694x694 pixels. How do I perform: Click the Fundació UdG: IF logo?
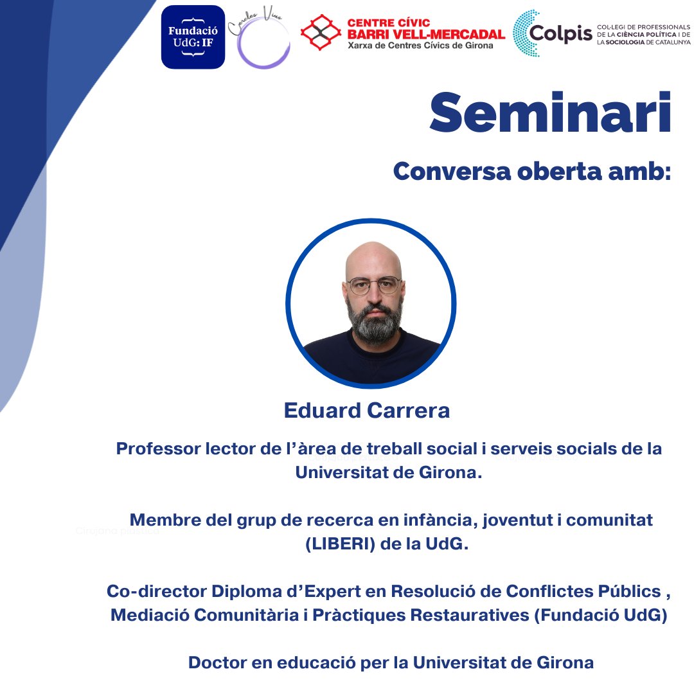pyautogui.click(x=193, y=37)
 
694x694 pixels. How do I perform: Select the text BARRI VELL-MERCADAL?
pyautogui.click(x=425, y=34)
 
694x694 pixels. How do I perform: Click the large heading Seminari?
pyautogui.click(x=550, y=114)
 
